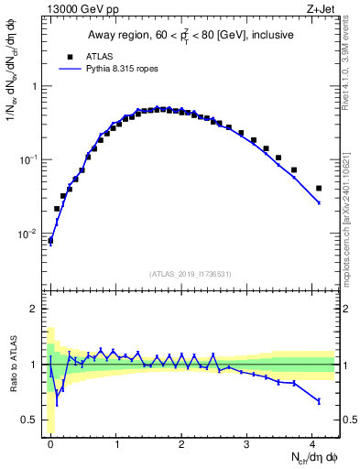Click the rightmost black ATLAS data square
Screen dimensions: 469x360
[319, 189]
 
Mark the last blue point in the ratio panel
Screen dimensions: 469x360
[319, 401]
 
